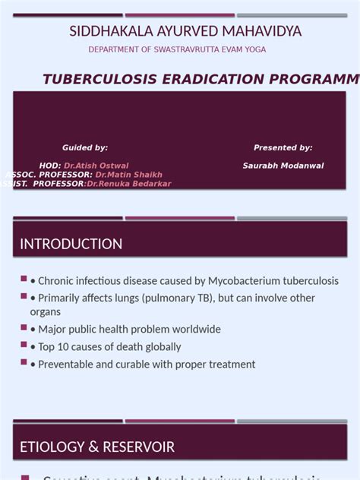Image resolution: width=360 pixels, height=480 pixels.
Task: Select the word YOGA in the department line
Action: point(255,49)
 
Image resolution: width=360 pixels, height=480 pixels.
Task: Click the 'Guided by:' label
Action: point(85,147)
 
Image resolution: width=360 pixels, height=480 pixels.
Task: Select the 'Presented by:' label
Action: point(283,147)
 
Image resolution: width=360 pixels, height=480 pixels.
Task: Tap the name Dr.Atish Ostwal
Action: point(96,166)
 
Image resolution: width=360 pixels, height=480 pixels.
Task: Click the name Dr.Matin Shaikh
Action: point(129,175)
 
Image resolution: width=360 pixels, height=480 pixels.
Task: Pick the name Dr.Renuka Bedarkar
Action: point(129,184)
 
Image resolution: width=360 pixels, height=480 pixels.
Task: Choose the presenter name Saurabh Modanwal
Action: point(283,166)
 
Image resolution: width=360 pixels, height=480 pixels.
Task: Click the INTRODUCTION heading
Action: point(71,244)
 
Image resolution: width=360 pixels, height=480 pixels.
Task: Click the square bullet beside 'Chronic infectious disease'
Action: point(24,279)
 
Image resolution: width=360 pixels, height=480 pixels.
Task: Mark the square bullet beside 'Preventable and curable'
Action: point(24,362)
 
